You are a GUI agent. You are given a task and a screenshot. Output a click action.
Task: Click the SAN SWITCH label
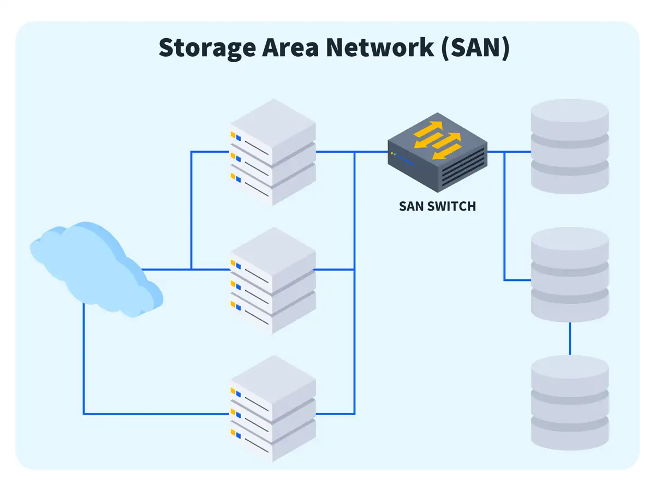point(437,206)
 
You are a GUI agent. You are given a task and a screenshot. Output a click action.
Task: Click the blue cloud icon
point(96,267)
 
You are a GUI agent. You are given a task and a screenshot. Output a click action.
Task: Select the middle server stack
point(273,280)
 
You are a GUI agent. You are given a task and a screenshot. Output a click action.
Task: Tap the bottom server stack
point(273,409)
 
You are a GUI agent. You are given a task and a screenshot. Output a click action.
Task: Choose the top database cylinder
point(569,146)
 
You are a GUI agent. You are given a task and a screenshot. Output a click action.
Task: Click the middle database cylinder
point(569,274)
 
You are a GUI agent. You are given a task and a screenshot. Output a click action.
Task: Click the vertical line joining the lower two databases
point(570,338)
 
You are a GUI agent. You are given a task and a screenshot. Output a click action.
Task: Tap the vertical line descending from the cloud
point(84,360)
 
